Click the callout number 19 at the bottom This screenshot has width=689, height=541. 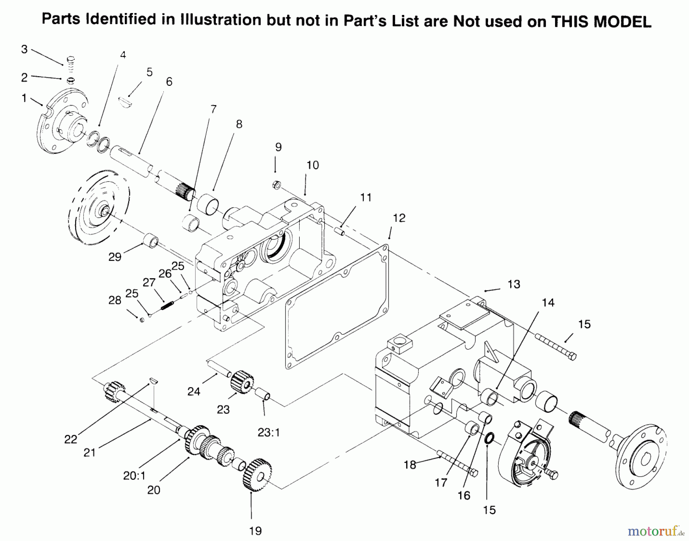(255, 531)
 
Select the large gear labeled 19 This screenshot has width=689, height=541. (257, 474)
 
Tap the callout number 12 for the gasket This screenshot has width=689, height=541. (399, 218)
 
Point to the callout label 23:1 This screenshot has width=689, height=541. (269, 433)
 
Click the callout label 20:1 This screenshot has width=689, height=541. (134, 475)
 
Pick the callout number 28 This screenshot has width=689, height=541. (115, 300)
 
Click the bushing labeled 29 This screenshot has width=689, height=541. (150, 242)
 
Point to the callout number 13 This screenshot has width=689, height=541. (514, 284)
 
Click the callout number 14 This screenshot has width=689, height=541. (548, 303)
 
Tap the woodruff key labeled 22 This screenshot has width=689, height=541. (153, 380)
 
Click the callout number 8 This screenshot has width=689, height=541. (239, 124)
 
